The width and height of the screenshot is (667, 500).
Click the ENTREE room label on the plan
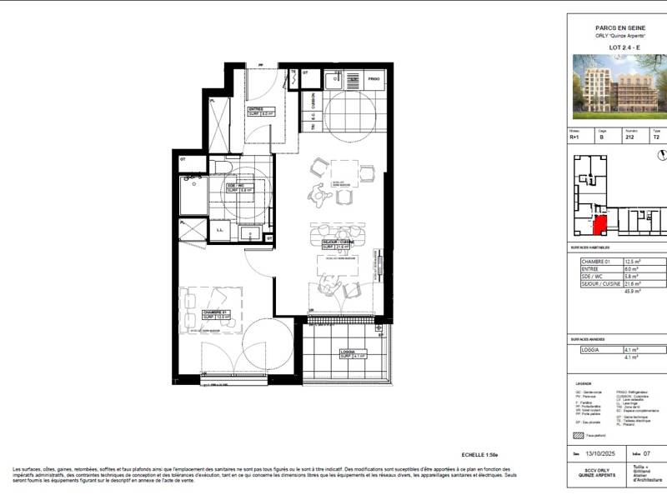(x=256, y=109)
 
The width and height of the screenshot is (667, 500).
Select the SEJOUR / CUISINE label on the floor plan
(x=339, y=242)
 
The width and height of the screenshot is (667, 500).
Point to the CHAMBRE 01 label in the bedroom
(x=215, y=313)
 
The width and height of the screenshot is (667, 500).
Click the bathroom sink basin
(x=193, y=184)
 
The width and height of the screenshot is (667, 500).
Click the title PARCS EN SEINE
(x=617, y=27)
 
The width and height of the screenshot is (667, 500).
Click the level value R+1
(x=574, y=139)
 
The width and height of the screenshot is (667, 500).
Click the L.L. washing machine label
(x=218, y=230)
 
